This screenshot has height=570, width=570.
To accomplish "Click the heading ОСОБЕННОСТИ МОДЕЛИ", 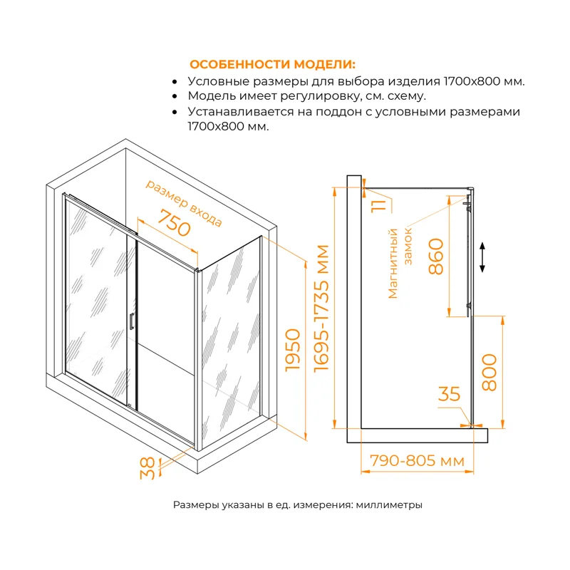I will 273,63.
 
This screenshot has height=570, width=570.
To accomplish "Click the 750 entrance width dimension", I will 174,224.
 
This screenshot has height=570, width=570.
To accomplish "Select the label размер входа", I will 184,203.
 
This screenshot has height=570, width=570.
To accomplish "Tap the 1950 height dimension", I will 292,351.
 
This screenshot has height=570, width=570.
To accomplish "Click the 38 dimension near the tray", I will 147,467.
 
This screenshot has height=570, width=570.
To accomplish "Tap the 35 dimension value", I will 450,394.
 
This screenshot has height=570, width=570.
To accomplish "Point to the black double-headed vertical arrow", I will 483,257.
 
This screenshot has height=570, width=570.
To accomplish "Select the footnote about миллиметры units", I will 298,505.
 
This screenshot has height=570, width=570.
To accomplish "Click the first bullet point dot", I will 175,81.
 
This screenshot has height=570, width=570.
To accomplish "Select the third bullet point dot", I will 175,112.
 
